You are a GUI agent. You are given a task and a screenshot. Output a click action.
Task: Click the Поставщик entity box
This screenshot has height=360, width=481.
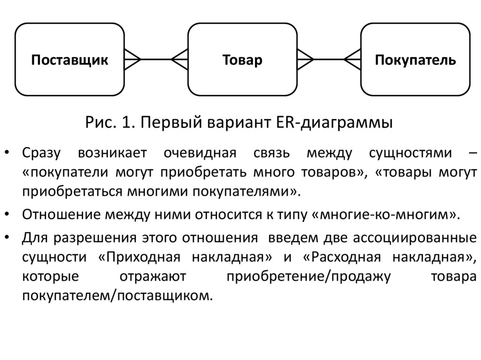point(70,60)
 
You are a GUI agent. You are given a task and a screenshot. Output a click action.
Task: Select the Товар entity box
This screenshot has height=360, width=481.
point(242,60)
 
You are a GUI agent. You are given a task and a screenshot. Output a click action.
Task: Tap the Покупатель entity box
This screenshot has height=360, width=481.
point(415,60)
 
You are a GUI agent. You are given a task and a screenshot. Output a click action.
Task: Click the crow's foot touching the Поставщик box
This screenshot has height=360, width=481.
point(132,60)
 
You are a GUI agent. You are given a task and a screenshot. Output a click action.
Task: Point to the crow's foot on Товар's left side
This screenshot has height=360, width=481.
point(180,60)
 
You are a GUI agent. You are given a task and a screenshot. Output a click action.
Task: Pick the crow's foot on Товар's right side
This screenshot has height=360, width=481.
point(305,60)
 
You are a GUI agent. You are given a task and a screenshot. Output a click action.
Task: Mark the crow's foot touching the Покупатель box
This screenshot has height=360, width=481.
point(353,60)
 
